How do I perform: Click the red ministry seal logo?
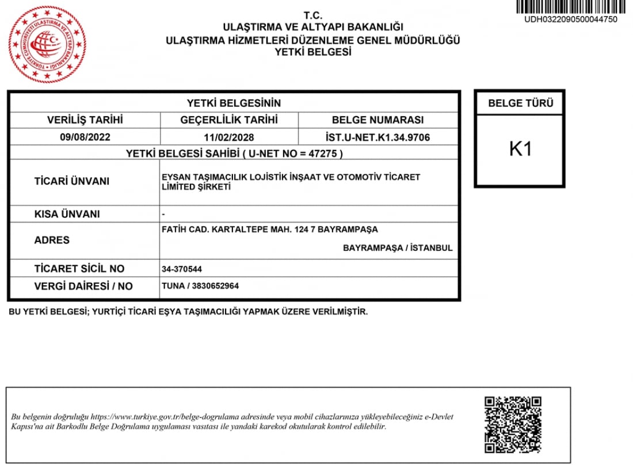tap(47, 44)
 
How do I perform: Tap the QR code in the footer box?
tap(513, 424)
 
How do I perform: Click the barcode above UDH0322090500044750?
tap(570, 7)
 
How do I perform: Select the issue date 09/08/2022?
tap(85, 137)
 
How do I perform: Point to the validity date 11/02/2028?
tap(229, 137)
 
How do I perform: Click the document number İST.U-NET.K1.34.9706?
tap(377, 137)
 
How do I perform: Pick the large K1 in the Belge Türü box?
tap(520, 149)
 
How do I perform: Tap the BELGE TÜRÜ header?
tap(520, 103)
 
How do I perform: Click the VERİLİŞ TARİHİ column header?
tap(85, 120)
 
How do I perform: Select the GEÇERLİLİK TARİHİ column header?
tap(229, 120)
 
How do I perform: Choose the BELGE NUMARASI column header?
tap(377, 120)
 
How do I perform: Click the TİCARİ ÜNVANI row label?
tap(72, 181)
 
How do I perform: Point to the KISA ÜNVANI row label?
tap(67, 214)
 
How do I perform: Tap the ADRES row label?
tap(52, 240)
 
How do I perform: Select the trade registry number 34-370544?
tap(182, 268)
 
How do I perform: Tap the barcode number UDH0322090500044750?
tap(570, 19)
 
